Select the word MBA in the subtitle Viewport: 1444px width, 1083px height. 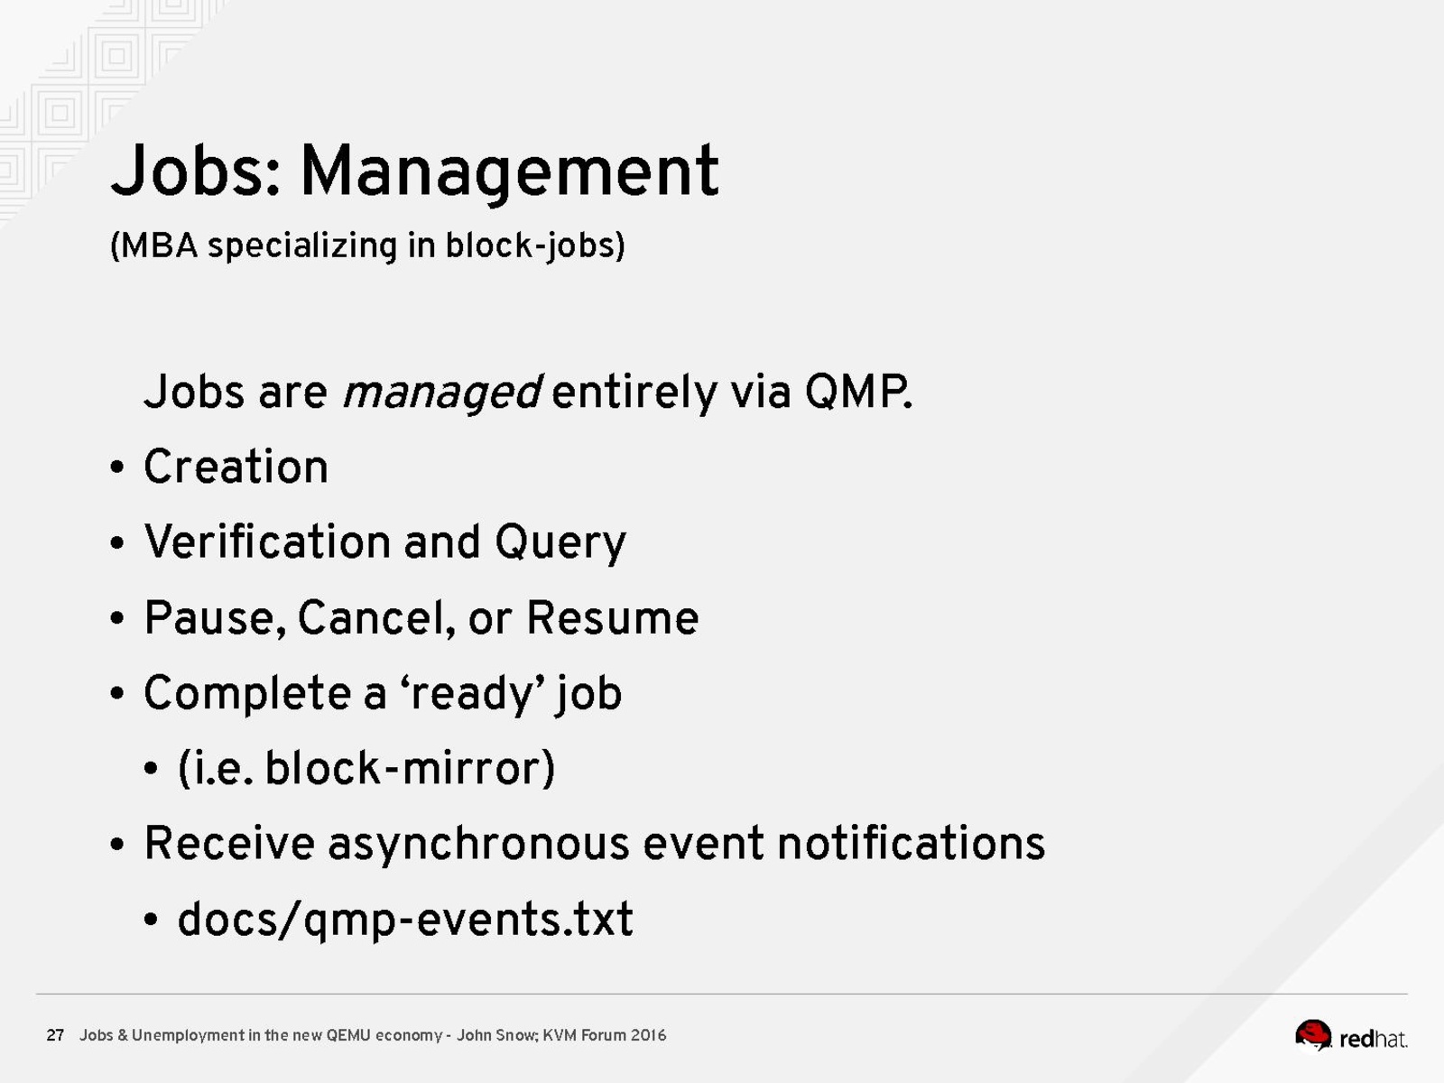click(x=160, y=245)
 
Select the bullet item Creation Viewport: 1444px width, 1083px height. click(x=236, y=467)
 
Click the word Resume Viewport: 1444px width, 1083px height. click(x=613, y=618)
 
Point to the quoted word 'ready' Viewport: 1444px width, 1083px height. click(x=471, y=694)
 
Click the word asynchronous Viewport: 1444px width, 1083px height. click(x=478, y=845)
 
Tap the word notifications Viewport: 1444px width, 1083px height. click(x=912, y=843)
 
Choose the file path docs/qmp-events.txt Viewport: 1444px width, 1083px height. click(x=405, y=920)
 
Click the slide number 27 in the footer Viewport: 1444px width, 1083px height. click(x=55, y=1035)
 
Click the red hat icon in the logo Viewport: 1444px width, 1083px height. click(x=1312, y=1036)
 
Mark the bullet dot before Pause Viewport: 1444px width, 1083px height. click(x=117, y=618)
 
